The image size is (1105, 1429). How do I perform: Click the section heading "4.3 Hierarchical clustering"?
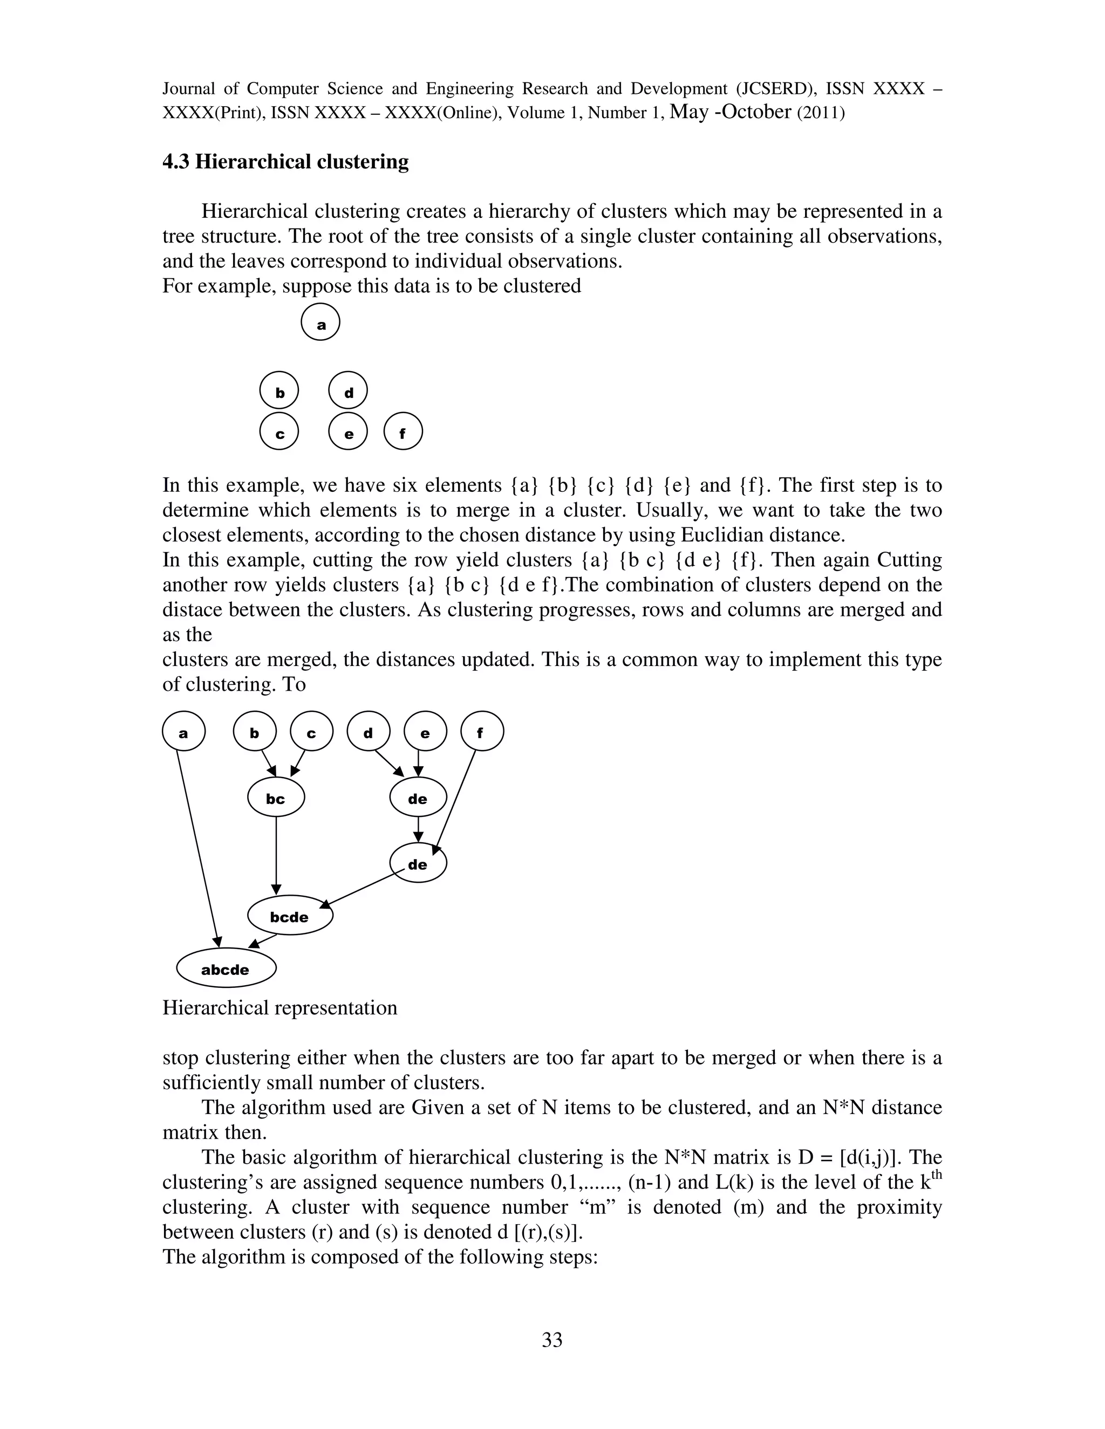(x=285, y=162)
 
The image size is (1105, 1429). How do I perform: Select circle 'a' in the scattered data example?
(x=321, y=322)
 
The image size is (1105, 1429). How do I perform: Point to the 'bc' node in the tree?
(x=276, y=798)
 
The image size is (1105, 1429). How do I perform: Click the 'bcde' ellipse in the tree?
(x=290, y=916)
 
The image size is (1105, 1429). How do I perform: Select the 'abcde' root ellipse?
(x=226, y=969)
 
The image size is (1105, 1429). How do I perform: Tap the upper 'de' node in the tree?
(x=418, y=798)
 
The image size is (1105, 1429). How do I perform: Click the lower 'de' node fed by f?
(x=418, y=864)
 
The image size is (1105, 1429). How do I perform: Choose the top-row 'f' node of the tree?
(x=482, y=732)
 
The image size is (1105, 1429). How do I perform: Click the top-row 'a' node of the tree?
(x=183, y=732)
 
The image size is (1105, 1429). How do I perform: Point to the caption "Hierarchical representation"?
(x=279, y=1008)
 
